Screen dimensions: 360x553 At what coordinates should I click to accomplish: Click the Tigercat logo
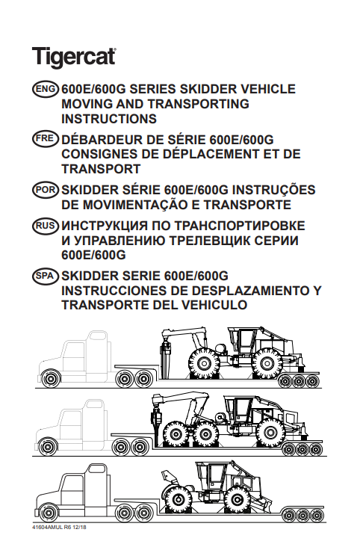click(74, 58)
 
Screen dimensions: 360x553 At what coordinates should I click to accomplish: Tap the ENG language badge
click(45, 89)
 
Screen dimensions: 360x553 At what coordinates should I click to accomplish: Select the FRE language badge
click(45, 139)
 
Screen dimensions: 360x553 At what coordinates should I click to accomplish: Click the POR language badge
click(45, 190)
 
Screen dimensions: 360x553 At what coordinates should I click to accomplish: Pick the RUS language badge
click(45, 226)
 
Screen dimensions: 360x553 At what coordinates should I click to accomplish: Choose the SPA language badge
click(45, 276)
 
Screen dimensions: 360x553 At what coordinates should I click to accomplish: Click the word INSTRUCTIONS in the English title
click(109, 119)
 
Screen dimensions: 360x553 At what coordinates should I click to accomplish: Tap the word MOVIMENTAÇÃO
click(140, 205)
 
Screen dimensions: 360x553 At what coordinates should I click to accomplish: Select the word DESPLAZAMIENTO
click(250, 291)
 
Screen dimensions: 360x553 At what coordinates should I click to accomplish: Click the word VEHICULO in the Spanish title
click(211, 305)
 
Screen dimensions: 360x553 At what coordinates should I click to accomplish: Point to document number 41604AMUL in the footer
click(47, 528)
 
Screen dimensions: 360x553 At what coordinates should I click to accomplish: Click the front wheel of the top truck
click(50, 378)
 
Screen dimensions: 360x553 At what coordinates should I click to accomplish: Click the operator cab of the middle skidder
click(240, 408)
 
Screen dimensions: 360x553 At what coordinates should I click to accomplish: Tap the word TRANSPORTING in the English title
click(199, 104)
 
